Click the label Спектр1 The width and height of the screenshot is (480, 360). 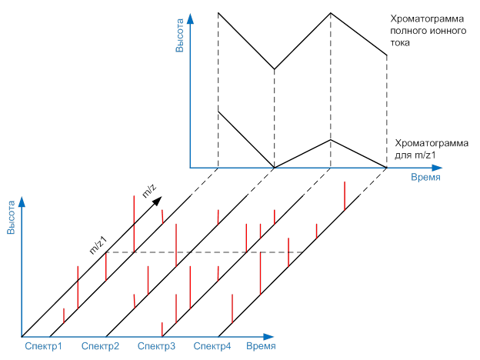[43, 346]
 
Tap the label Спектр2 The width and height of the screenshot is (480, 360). [100, 346]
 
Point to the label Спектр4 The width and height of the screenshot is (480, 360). [212, 346]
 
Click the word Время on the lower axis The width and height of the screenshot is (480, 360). [262, 346]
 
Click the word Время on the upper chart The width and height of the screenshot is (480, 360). [425, 177]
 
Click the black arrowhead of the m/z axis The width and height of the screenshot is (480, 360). [158, 199]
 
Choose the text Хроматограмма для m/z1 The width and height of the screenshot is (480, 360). [420, 149]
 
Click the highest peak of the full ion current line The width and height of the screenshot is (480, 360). [331, 12]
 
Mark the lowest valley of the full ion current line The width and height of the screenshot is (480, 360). [275, 68]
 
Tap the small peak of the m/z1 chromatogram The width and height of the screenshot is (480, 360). [331, 139]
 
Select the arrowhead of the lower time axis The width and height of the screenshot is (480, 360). [270, 336]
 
